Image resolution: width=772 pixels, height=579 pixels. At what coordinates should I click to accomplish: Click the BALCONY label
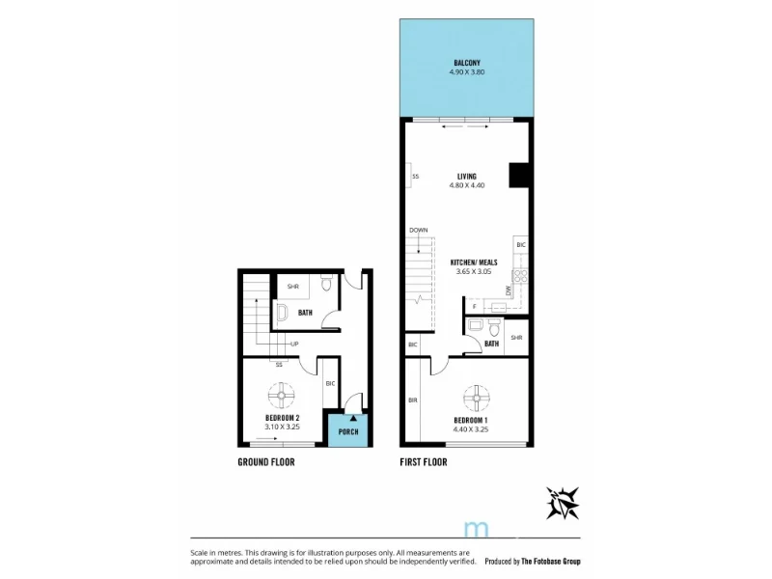(467, 63)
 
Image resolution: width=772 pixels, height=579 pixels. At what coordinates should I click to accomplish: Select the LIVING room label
(467, 177)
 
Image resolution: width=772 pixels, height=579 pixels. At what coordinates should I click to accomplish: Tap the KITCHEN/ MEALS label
(473, 262)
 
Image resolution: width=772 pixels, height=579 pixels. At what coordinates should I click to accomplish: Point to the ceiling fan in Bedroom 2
(281, 395)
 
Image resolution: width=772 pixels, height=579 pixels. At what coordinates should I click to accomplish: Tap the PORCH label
(347, 431)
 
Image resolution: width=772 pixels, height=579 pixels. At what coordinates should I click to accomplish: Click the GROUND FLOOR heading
(265, 462)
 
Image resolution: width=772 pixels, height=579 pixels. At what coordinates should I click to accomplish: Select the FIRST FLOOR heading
(424, 462)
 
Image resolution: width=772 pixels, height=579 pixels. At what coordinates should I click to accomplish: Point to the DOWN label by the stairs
(418, 230)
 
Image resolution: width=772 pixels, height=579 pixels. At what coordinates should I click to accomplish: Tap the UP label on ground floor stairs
(292, 345)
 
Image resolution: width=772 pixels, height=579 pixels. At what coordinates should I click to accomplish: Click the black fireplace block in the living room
(519, 175)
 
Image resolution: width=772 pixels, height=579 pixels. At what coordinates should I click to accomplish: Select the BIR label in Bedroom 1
(412, 400)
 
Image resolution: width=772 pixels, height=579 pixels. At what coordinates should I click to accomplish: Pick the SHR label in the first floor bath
(516, 338)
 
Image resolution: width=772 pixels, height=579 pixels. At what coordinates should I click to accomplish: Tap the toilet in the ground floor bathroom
(326, 284)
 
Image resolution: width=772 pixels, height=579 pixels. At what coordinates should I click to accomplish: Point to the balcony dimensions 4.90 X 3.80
(467, 71)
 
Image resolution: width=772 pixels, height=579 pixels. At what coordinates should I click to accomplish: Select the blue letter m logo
(475, 529)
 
